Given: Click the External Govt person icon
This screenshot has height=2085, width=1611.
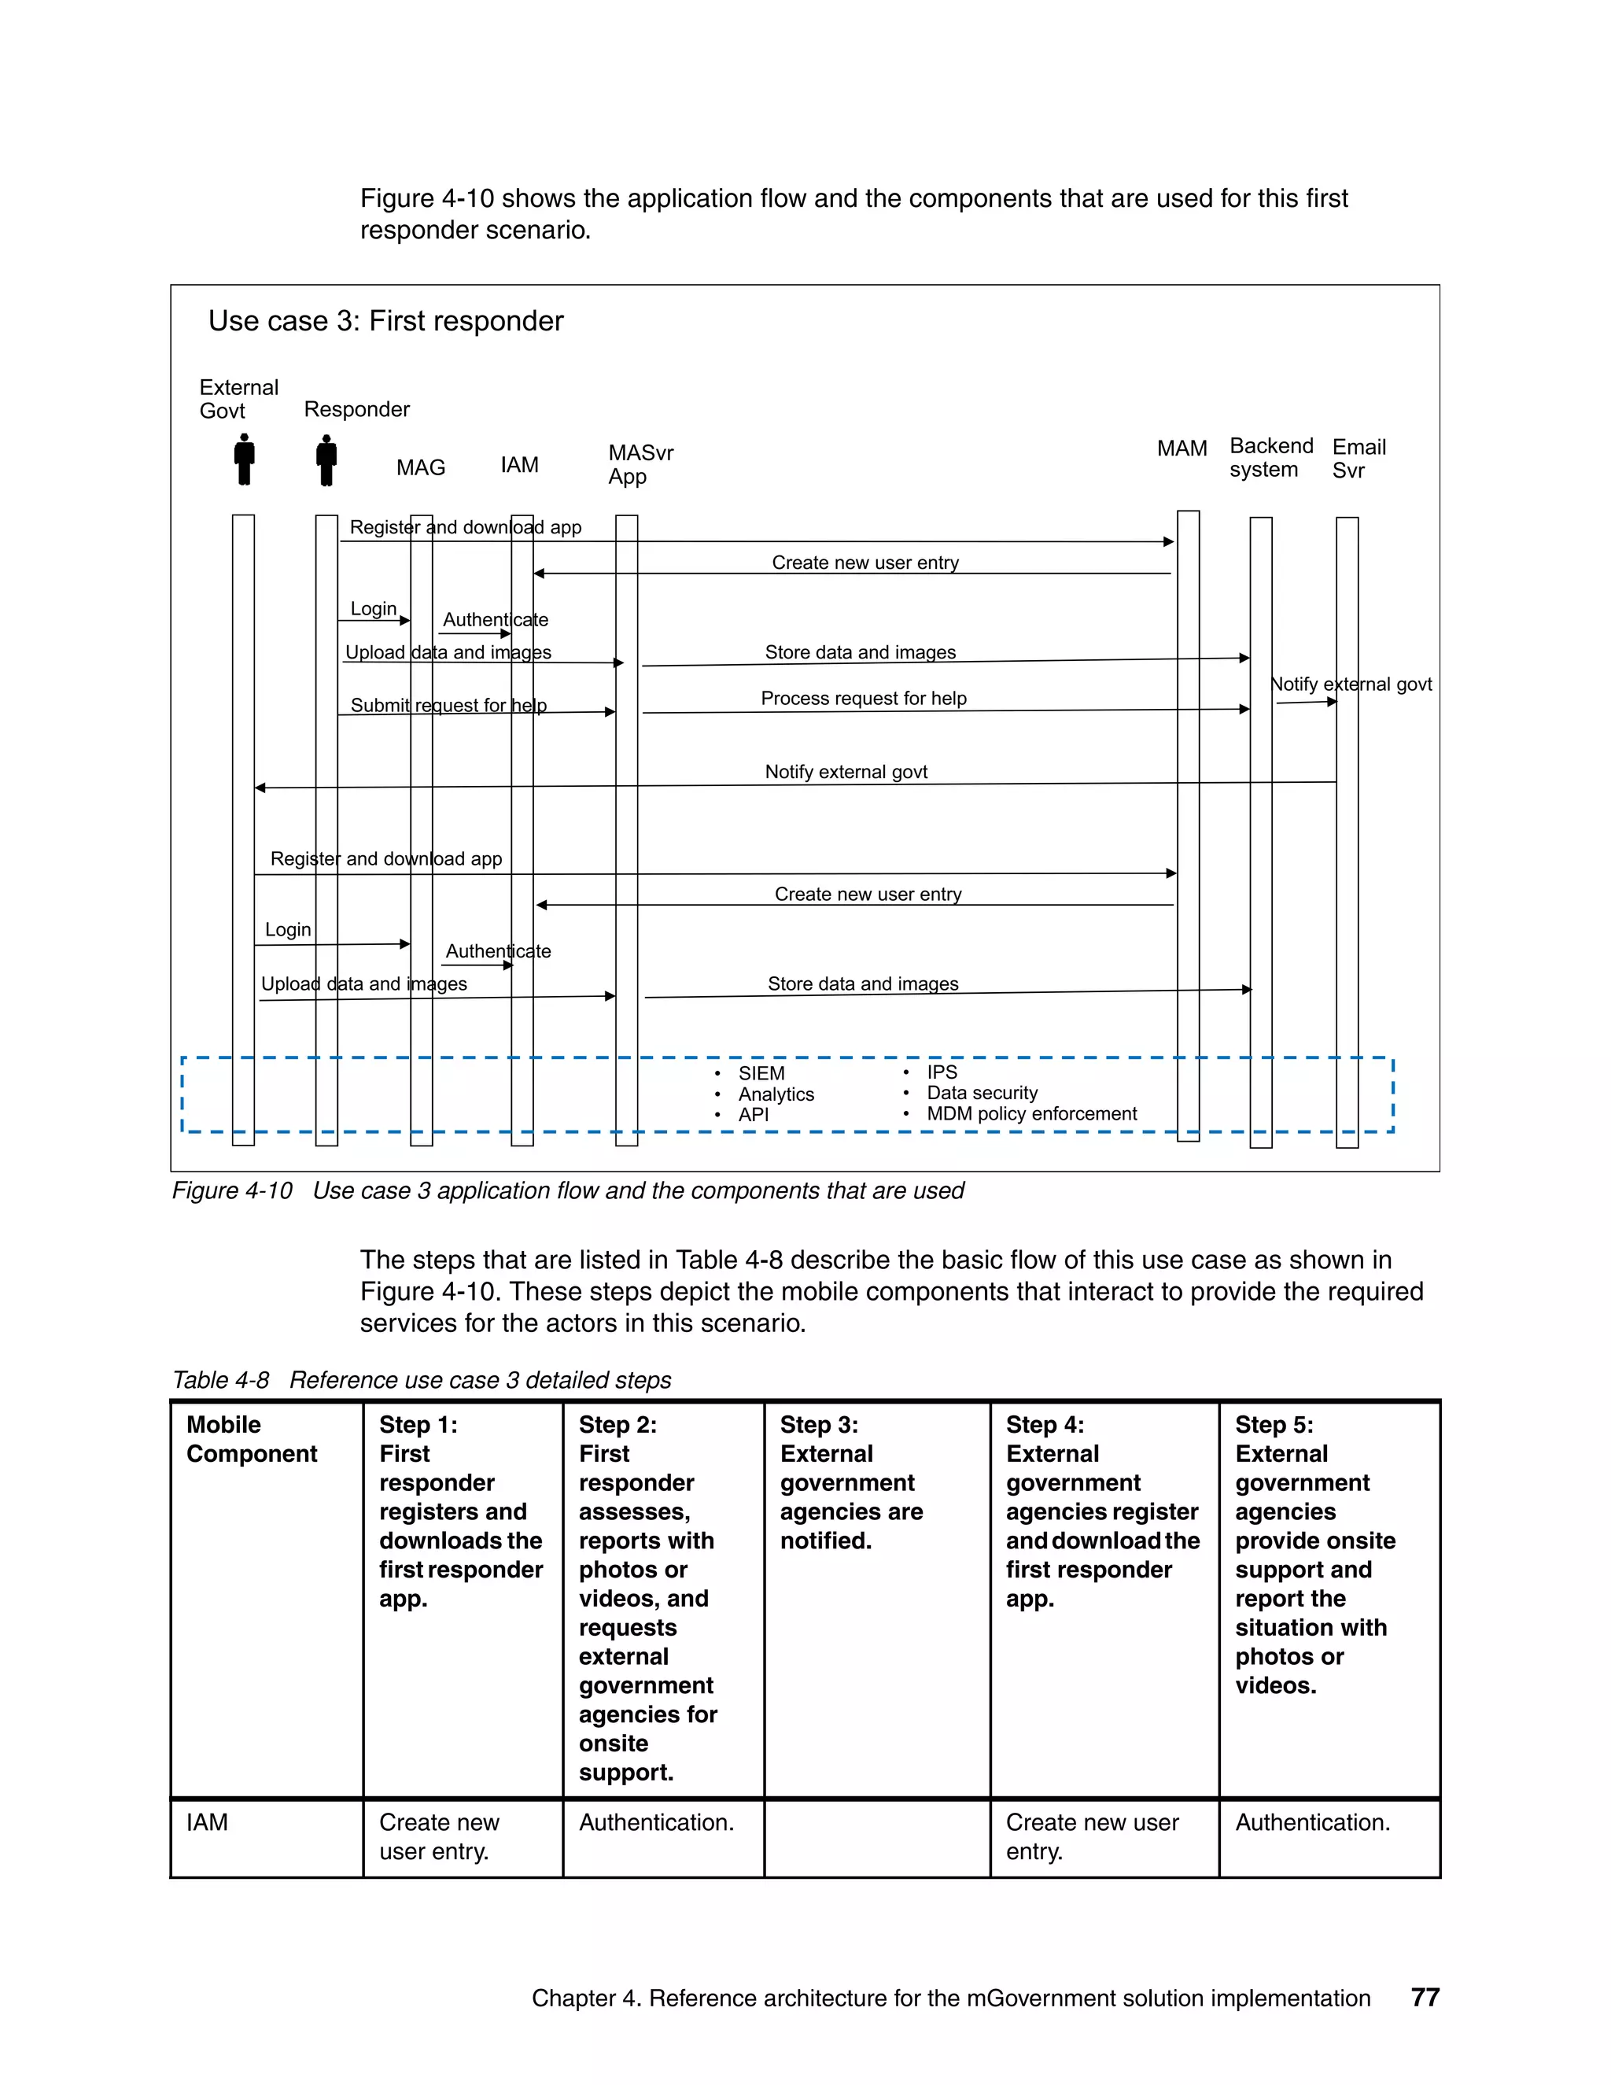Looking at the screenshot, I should (x=245, y=459).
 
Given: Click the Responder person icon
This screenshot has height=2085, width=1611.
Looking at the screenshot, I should (x=326, y=460).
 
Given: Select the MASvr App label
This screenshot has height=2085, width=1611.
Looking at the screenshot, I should (x=640, y=464).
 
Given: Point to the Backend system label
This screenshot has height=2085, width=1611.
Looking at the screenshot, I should (x=1270, y=457).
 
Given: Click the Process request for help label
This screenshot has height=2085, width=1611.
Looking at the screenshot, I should (x=863, y=698).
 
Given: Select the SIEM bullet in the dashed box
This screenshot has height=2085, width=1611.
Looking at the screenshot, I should (x=761, y=1073).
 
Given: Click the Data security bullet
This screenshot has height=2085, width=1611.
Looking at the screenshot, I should (x=981, y=1092).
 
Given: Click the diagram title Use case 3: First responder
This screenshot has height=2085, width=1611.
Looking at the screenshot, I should (x=385, y=321).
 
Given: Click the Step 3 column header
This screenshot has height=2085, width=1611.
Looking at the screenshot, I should (x=850, y=1482).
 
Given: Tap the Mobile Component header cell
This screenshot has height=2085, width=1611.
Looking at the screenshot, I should (x=251, y=1439).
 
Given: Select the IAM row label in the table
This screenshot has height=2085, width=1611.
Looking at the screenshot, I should (x=207, y=1821).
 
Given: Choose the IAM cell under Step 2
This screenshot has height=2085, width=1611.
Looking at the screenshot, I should (x=656, y=1821).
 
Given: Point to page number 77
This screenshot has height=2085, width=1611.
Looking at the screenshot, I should (x=1424, y=1997).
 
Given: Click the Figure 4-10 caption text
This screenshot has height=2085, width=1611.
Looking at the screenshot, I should (x=567, y=1190).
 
